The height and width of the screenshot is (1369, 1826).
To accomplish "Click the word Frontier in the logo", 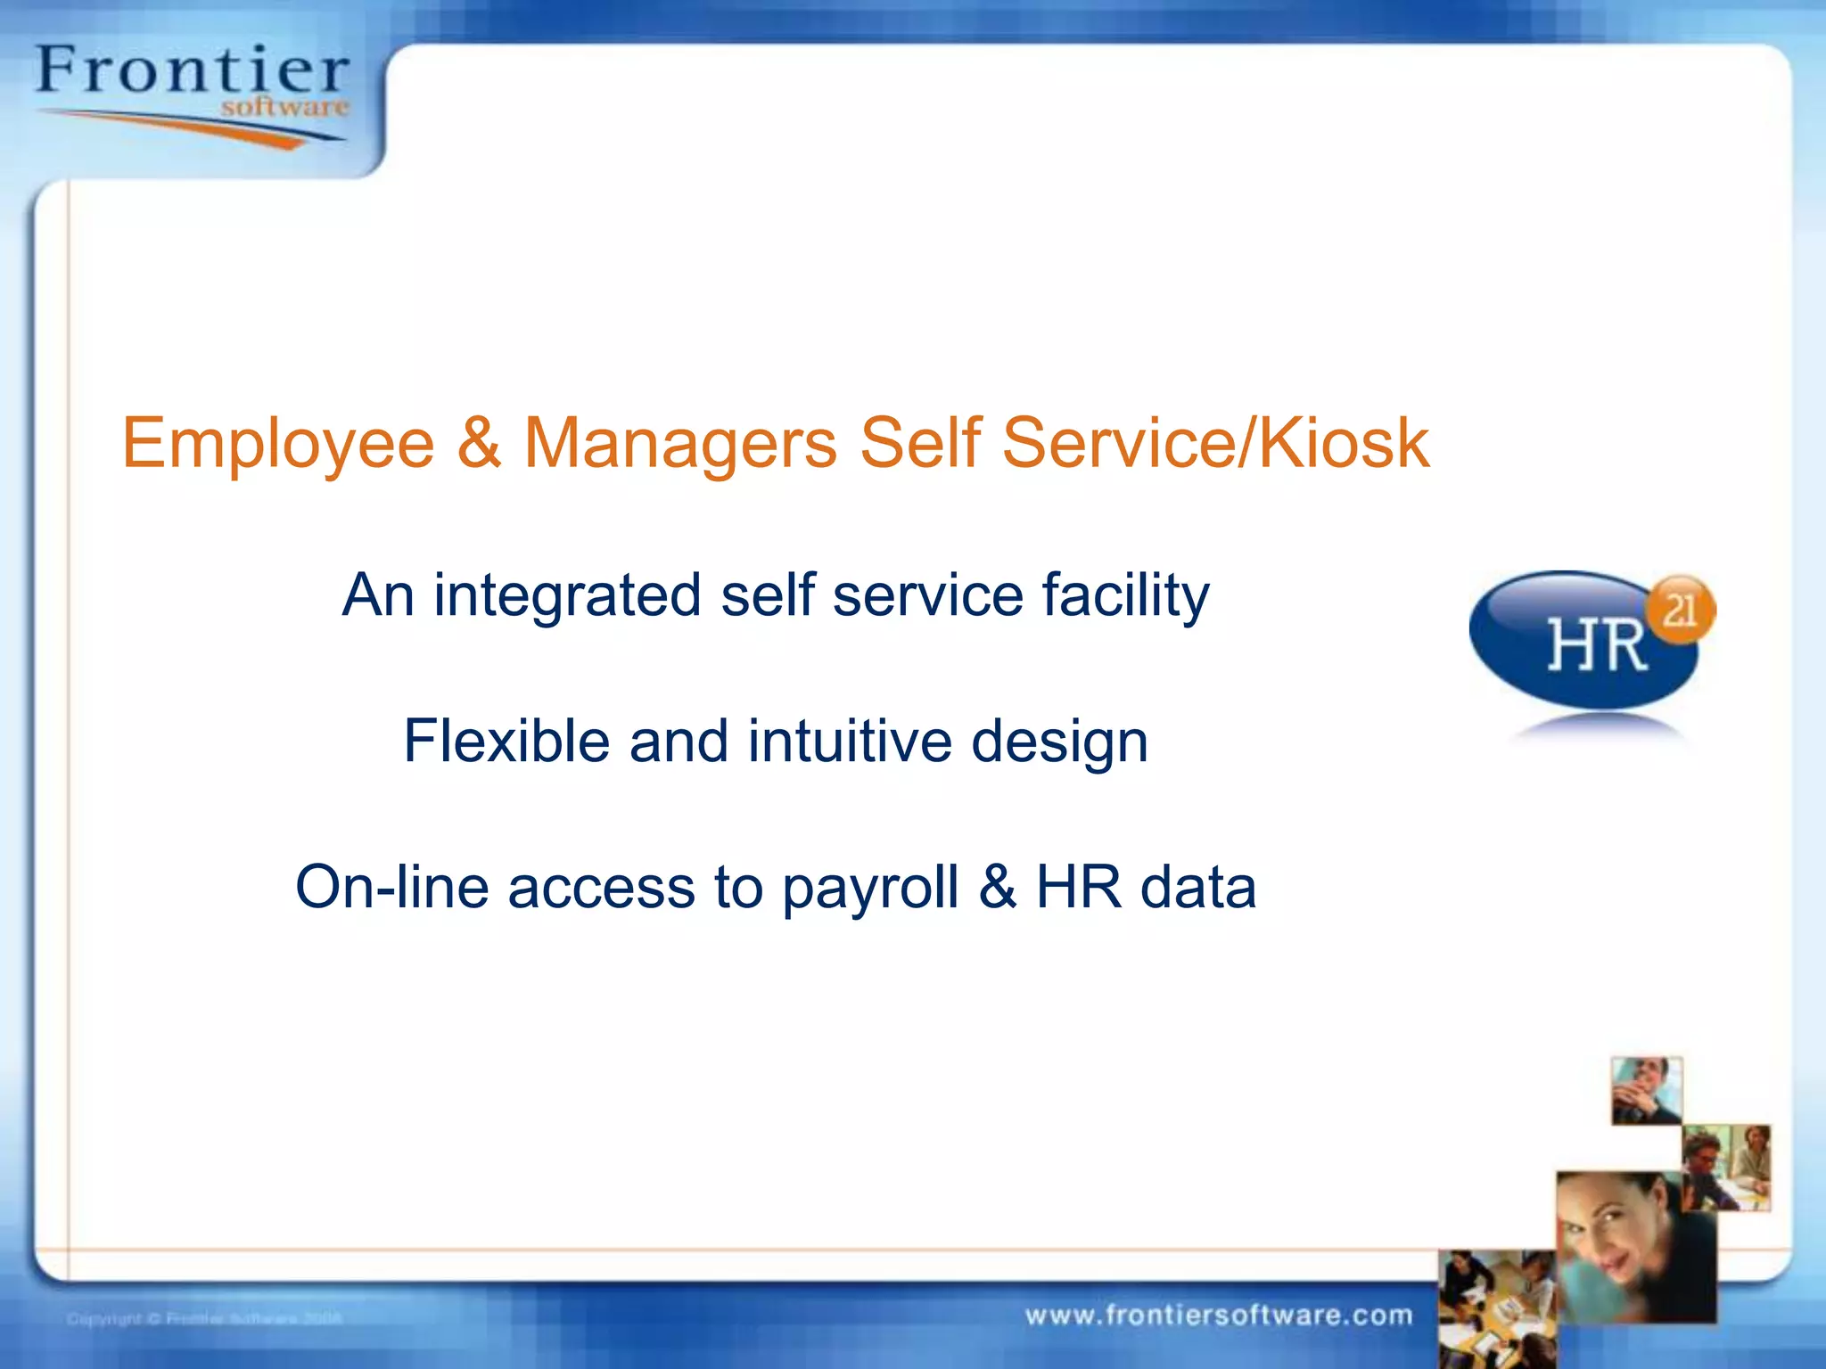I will point(192,71).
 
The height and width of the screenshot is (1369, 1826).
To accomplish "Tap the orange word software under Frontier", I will point(284,108).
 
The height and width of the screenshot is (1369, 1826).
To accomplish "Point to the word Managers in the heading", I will point(679,443).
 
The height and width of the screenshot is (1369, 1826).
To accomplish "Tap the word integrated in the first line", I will point(567,595).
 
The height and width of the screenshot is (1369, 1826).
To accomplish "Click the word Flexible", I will point(506,741).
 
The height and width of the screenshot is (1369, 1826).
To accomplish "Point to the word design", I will point(1058,742).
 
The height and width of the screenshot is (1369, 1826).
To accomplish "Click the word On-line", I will point(391,887).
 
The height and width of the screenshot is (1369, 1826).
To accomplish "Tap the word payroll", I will point(870,889).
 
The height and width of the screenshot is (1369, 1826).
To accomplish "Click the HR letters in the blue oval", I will point(1596,645).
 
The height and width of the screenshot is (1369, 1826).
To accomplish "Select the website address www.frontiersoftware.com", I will point(1218,1316).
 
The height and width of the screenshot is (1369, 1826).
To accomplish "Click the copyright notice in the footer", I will point(204,1318).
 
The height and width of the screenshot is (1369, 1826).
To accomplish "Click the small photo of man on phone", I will point(1646,1091).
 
